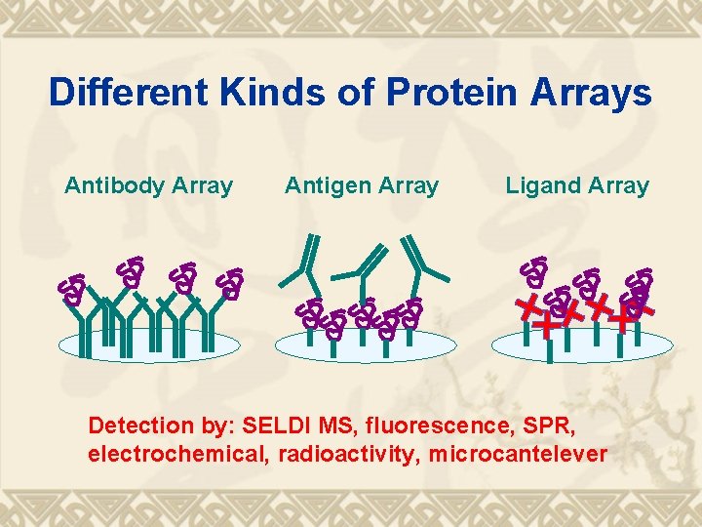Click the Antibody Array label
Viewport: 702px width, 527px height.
[x=148, y=185]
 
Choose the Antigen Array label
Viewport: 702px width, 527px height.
[x=362, y=185]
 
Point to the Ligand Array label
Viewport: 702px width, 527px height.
[x=577, y=185]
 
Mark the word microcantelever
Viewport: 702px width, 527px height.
[x=517, y=454]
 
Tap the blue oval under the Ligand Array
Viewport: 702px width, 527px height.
[x=582, y=345]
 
